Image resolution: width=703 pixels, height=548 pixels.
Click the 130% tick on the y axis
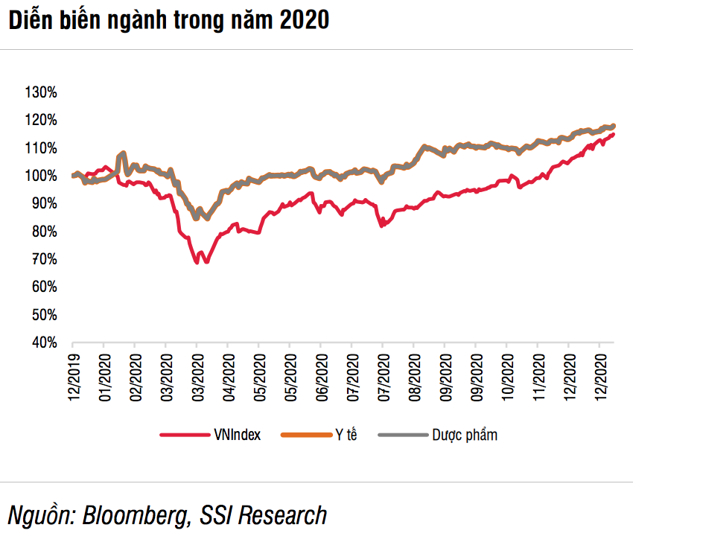click(x=41, y=93)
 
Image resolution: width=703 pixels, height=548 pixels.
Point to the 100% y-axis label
click(x=41, y=176)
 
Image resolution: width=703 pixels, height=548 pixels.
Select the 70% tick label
click(x=43, y=260)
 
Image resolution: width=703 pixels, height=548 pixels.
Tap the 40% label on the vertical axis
click(x=43, y=343)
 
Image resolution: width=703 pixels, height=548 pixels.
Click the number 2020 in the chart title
click(x=304, y=21)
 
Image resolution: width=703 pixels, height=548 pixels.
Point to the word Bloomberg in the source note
click(x=132, y=515)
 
